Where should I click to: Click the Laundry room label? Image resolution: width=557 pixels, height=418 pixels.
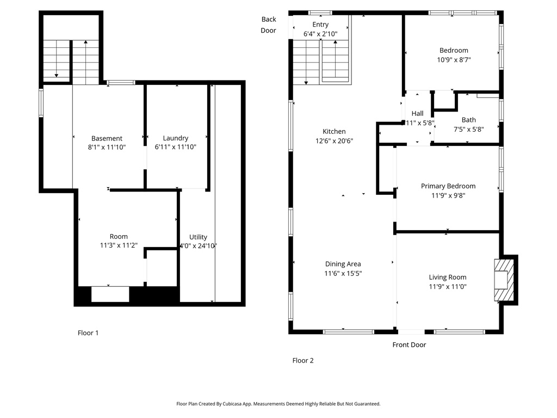point(176,138)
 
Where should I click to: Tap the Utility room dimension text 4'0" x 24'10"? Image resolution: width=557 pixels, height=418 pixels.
point(198,245)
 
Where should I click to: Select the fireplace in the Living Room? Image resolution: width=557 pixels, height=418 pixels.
point(504,280)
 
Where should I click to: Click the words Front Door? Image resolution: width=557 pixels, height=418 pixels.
point(409,345)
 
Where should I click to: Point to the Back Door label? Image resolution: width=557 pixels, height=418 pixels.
point(269,24)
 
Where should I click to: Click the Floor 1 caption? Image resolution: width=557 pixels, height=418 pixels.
point(88,333)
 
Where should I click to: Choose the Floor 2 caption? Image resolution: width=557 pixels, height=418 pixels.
point(302,360)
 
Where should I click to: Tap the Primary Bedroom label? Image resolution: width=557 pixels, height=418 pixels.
point(448,186)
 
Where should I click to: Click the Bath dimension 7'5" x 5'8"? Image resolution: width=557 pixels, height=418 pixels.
point(468,129)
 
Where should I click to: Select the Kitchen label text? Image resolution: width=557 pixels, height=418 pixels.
point(334,131)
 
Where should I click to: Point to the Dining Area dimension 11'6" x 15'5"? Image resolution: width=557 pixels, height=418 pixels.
point(343,273)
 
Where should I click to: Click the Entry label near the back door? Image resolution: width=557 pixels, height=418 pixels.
point(320,24)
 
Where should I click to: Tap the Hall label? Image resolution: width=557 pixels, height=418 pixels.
point(417,113)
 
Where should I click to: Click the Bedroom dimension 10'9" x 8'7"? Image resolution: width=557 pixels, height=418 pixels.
point(454,59)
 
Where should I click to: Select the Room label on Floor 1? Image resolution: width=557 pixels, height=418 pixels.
point(118,236)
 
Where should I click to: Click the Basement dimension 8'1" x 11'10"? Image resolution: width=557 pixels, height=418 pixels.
point(107,147)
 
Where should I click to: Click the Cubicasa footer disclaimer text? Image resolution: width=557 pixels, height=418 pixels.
point(278,404)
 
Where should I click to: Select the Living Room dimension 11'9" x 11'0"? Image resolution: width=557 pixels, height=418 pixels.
point(447,286)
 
